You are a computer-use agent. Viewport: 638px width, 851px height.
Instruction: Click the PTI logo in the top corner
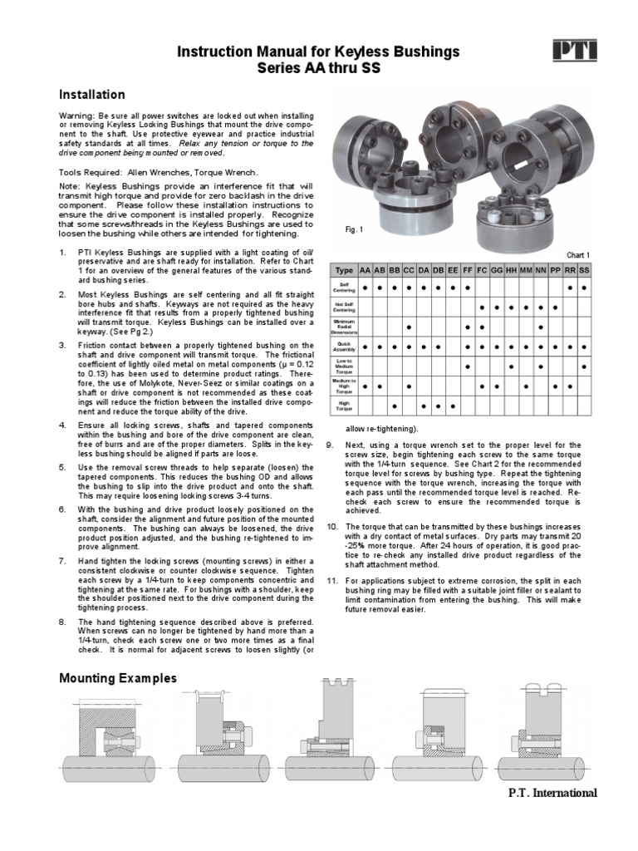(575, 52)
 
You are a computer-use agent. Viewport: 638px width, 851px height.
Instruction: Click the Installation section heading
(91, 95)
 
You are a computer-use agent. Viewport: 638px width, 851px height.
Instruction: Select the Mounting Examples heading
(118, 678)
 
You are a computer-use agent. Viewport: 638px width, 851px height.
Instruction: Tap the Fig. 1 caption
(355, 229)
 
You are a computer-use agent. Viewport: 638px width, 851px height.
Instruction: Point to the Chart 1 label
(578, 254)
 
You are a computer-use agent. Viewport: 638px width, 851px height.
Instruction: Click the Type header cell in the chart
(344, 270)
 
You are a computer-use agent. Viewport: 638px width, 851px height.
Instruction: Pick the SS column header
(584, 270)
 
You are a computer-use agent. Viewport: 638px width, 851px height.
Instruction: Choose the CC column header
(409, 270)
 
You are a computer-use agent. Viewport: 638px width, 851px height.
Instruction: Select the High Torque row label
(344, 406)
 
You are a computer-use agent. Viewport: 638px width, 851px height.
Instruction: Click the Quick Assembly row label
(344, 345)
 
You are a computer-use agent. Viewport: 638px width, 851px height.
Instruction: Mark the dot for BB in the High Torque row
(394, 406)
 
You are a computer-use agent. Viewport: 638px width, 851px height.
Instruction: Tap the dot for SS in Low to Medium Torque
(584, 366)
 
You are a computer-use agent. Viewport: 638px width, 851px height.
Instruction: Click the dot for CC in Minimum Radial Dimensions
(409, 327)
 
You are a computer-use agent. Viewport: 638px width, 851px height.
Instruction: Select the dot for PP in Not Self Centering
(555, 307)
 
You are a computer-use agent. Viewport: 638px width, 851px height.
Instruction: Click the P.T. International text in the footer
(552, 792)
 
